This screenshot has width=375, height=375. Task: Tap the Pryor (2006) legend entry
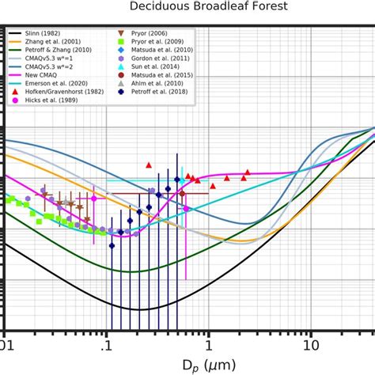click(x=152, y=35)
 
